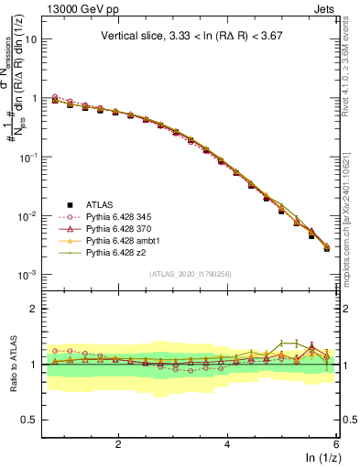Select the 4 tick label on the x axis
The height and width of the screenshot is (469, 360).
tap(228, 443)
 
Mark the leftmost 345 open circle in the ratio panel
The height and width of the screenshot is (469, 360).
tap(55, 351)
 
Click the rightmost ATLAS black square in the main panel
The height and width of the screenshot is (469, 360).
tap(327, 248)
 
